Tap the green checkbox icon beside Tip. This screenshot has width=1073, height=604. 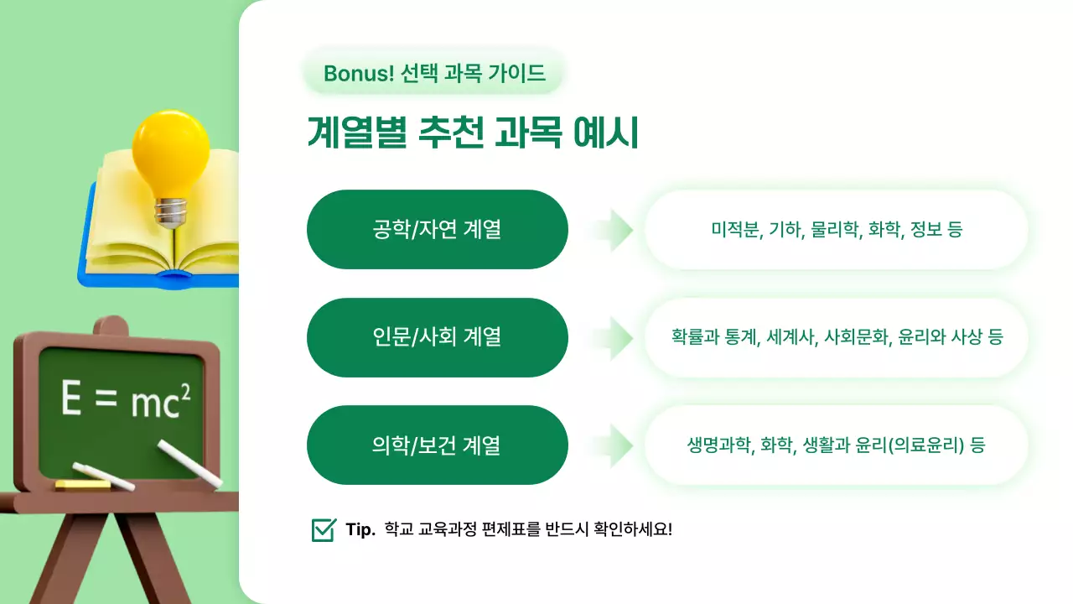click(324, 530)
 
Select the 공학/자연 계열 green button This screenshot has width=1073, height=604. click(438, 229)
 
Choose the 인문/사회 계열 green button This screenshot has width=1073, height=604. click(438, 337)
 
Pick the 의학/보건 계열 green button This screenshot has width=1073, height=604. click(438, 445)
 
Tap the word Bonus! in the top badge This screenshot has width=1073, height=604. click(359, 74)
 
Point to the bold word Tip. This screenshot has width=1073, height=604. click(360, 530)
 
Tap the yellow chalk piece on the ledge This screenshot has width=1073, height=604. click(82, 485)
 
